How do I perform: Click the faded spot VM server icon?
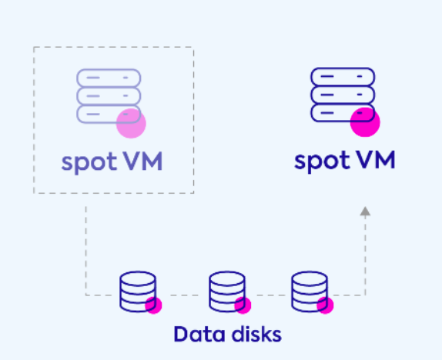click(x=109, y=96)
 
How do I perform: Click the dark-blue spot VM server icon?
click(x=343, y=95)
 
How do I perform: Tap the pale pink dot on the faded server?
click(x=131, y=123)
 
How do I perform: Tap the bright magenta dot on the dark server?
click(x=365, y=122)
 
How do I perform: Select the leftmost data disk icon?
click(x=138, y=292)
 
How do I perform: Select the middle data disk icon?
click(x=227, y=292)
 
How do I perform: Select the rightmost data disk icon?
click(x=310, y=292)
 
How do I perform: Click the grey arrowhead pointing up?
click(x=365, y=212)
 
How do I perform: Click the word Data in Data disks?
click(x=199, y=335)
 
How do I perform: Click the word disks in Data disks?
click(x=256, y=335)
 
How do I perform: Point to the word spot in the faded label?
click(x=89, y=163)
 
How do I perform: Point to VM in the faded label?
click(x=143, y=161)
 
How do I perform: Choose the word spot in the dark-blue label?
click(x=322, y=162)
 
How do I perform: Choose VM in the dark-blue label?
click(x=376, y=160)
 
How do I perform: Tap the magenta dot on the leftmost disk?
click(x=154, y=305)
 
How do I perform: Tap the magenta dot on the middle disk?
click(x=243, y=305)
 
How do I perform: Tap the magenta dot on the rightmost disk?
click(x=325, y=305)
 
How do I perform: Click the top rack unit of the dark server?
click(x=343, y=76)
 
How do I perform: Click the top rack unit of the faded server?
click(x=109, y=78)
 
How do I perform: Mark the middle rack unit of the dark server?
click(x=343, y=95)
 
